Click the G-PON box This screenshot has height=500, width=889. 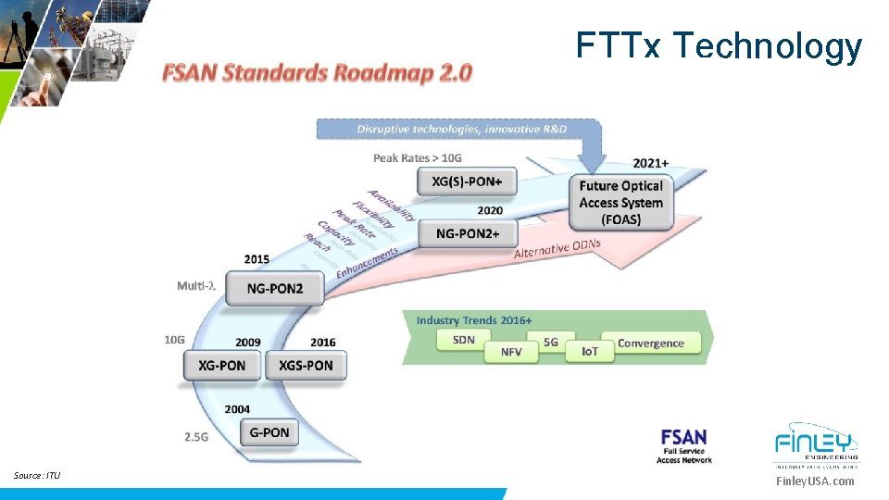tap(269, 432)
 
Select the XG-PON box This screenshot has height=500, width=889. tap(222, 365)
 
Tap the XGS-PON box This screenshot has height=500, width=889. tap(306, 365)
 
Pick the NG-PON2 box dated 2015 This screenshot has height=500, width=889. tap(275, 288)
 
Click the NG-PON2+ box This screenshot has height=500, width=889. tap(468, 234)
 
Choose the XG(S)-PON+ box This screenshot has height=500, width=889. tap(467, 182)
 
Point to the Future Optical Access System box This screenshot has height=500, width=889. tap(621, 203)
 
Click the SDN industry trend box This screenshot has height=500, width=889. tap(465, 340)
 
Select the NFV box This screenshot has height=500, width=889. tap(511, 352)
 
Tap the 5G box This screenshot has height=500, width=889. tap(551, 342)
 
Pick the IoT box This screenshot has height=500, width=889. tap(590, 352)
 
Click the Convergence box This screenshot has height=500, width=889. tap(651, 344)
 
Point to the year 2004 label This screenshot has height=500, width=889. tap(237, 408)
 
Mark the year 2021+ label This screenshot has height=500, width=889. tap(651, 164)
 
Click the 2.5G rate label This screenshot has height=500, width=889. tap(195, 436)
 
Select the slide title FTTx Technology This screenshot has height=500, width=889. tap(719, 45)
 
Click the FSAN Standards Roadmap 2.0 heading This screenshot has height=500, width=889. tap(318, 72)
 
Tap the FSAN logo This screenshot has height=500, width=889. tap(684, 445)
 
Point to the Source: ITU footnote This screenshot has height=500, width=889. tap(37, 476)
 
